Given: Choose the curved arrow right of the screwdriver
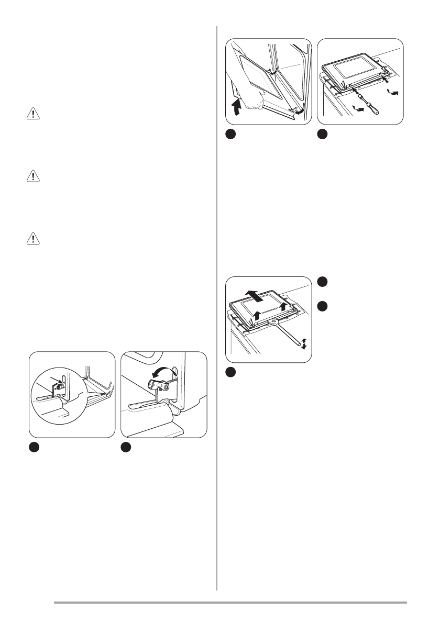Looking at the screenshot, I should coord(391,92).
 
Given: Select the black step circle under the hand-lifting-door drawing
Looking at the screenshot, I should coord(230,135).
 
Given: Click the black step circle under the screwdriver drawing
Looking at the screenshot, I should coord(323,135).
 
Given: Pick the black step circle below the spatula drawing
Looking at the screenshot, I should coord(230,372).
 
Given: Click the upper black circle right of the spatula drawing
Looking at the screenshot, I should coord(323,282).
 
